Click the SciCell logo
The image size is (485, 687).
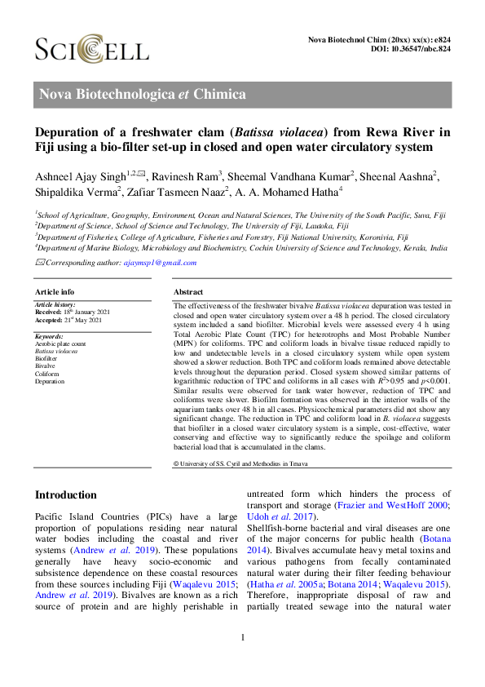click(x=91, y=51)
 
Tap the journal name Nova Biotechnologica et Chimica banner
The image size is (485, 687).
click(x=143, y=94)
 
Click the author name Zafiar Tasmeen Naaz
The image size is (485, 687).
click(x=189, y=192)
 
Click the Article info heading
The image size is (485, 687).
click(x=55, y=291)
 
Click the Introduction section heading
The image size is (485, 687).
click(x=66, y=495)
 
